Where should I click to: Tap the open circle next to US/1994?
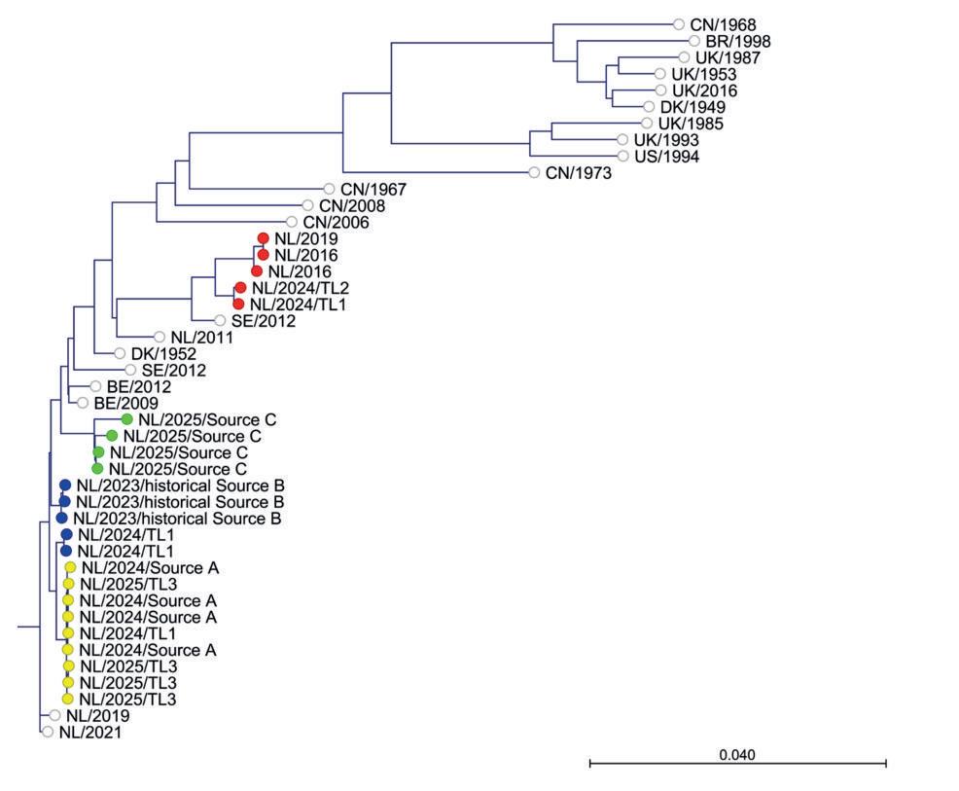624,157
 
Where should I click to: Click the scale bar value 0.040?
736,755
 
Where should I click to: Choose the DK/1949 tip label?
693,107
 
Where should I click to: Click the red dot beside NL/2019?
263,238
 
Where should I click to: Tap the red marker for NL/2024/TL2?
239,288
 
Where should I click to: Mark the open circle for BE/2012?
95,386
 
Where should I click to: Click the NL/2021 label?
89,733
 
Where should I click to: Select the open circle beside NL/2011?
160,337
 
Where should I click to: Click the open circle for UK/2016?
661,90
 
